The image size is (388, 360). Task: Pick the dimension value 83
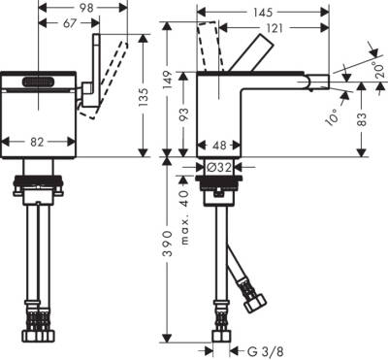[372, 119]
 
